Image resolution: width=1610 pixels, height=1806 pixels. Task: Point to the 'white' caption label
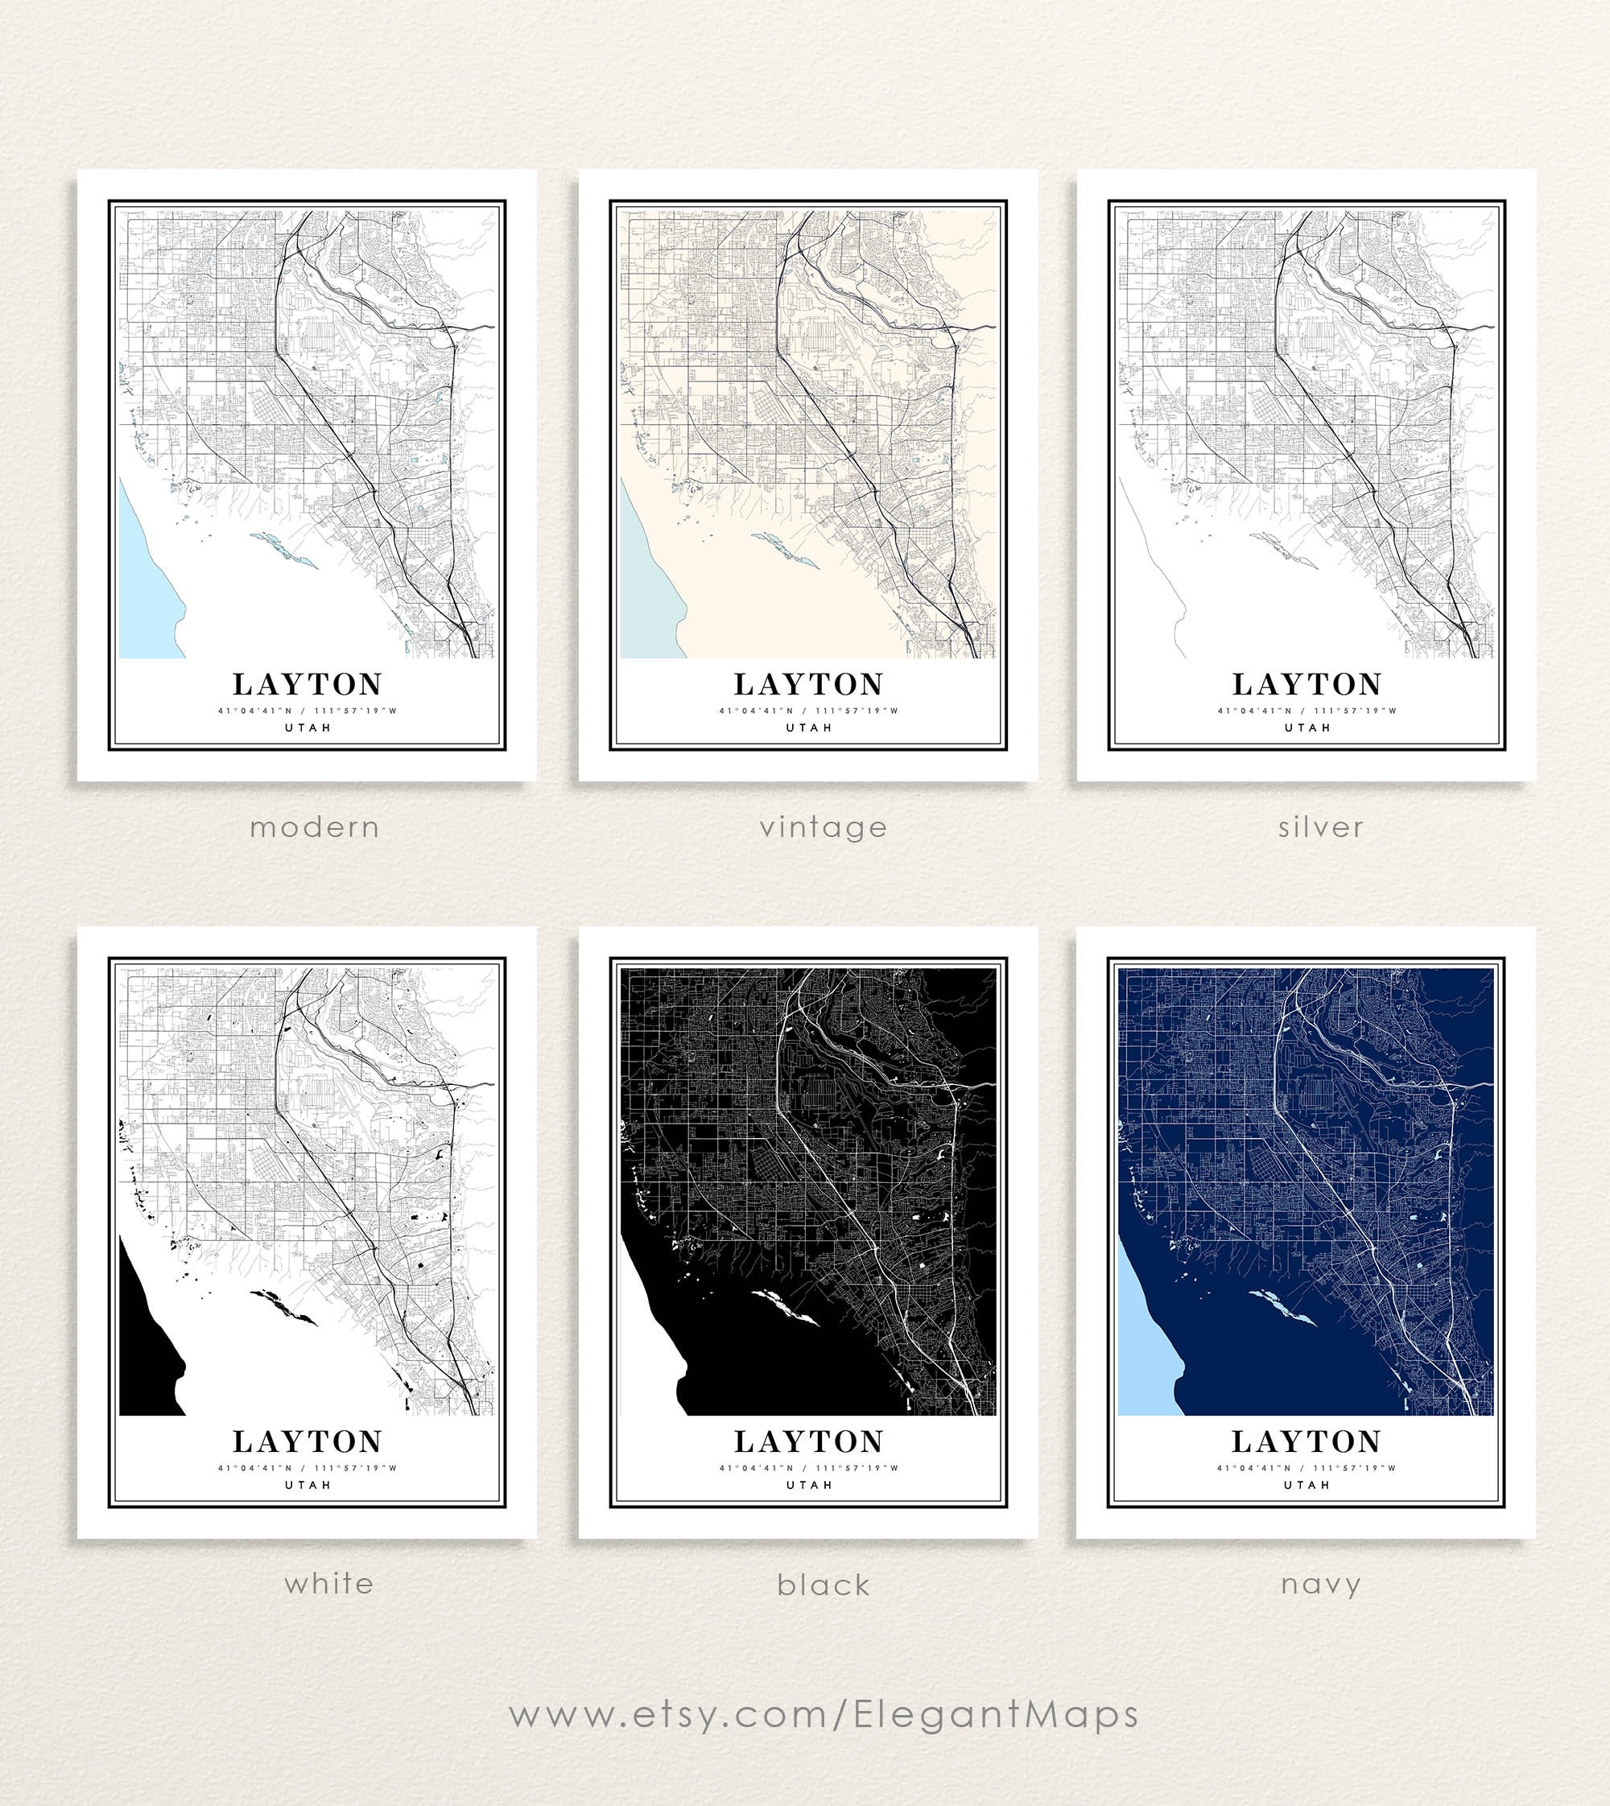pos(328,1582)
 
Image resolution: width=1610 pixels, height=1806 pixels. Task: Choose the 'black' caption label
pos(823,1584)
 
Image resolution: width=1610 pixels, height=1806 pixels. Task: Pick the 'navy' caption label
pos(1320,1584)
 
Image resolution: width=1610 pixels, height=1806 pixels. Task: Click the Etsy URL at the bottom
pos(823,1714)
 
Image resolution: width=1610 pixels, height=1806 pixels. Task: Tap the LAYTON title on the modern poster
pos(307,683)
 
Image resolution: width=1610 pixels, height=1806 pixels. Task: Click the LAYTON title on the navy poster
pos(1306,1441)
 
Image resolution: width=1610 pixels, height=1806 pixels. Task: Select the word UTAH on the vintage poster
pos(808,728)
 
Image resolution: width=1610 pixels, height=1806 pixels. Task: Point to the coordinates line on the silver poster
pos(1307,710)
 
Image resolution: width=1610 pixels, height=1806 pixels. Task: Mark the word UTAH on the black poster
pos(808,1485)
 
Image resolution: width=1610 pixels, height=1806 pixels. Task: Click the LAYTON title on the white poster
pos(307,1441)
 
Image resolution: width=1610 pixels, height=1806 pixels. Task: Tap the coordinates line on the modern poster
pos(307,710)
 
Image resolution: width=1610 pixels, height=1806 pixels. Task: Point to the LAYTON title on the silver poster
pos(1307,683)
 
